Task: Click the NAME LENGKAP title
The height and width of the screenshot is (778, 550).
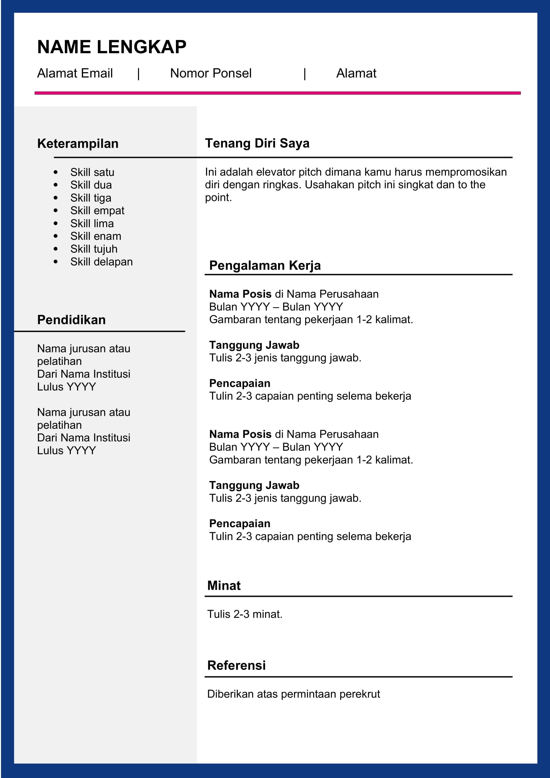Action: point(111,47)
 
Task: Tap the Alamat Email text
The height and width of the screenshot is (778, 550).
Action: point(75,73)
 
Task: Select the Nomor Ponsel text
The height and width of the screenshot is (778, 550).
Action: point(210,73)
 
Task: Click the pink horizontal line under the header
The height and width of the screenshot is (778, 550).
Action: point(277,93)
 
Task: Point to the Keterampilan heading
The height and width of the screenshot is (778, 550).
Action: point(77,144)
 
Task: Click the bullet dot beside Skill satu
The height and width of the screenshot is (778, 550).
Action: point(56,173)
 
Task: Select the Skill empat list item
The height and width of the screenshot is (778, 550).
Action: point(97,211)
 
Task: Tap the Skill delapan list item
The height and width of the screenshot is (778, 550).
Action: point(101,261)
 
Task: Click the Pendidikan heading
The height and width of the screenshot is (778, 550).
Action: point(71,320)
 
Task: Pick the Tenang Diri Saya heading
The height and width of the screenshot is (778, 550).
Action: point(257,143)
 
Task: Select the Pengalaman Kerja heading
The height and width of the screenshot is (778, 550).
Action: point(265,265)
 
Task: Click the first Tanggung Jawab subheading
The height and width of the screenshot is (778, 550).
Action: point(254,345)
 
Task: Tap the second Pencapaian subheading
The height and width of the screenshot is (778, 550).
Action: point(239,523)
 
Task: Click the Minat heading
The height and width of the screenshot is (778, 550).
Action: point(223,585)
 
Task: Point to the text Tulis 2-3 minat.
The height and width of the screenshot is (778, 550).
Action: point(244,614)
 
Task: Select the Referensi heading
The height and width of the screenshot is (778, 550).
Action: point(236,665)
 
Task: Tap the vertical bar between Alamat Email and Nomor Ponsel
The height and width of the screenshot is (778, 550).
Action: point(139,74)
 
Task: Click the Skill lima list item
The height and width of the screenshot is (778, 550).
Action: point(92,223)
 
